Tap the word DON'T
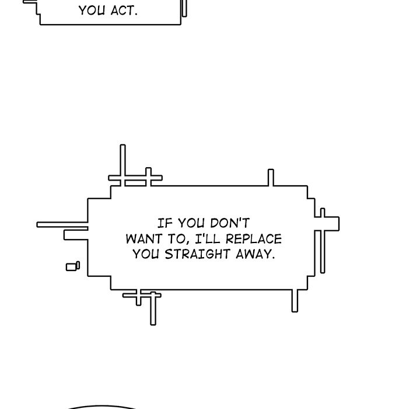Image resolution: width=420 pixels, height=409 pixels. pos(230,223)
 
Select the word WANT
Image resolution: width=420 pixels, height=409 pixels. pos(144,239)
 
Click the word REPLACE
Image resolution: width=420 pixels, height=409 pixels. pos(254,239)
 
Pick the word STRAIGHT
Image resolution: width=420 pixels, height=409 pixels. pos(197,254)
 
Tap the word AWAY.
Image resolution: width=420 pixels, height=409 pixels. pos(256,254)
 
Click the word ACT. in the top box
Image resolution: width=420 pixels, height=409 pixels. pos(124,11)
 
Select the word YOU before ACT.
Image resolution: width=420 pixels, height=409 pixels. pos(92,11)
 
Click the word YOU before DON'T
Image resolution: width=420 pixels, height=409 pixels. pos(191,223)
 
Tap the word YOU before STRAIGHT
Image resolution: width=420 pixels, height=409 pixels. pos(145,254)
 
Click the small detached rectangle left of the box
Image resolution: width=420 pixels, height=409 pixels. pos(73,266)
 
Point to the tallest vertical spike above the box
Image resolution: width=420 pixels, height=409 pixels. pos(123,165)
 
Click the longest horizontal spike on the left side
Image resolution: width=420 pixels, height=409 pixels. pos(62,224)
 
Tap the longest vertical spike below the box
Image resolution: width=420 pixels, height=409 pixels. pos(153,309)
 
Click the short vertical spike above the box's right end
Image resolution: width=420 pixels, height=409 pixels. pos(271,178)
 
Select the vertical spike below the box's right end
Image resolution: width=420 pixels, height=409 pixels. pos(295,301)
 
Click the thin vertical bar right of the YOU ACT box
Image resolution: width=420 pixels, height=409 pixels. pos(184,8)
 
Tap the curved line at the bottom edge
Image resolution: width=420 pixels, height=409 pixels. pos(101,407)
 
